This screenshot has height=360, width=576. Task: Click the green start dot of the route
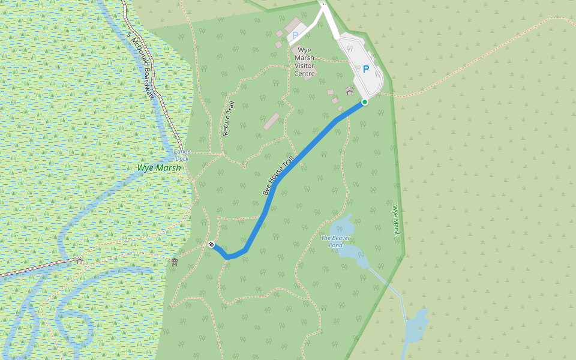tap(364, 102)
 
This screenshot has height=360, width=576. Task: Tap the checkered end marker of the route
tap(211, 244)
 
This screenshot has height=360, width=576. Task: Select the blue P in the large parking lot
tap(365, 69)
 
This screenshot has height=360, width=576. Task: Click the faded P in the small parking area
tap(295, 36)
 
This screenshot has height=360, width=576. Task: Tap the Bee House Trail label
tap(279, 175)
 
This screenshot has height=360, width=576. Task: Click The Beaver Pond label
tap(335, 241)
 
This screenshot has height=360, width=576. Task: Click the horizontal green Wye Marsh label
tap(159, 168)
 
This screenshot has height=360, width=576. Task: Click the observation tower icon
tap(175, 262)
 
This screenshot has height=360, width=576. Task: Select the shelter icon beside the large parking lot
tap(350, 91)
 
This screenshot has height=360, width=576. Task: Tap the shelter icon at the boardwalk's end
tap(79, 260)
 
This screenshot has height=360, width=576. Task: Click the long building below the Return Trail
tap(271, 121)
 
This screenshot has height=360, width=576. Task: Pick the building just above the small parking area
tap(294, 25)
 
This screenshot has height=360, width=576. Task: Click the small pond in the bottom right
tap(416, 327)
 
